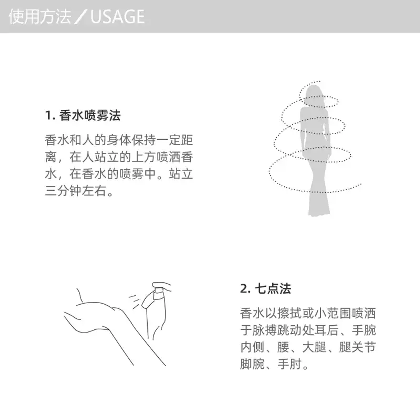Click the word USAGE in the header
118,16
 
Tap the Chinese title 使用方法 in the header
40,16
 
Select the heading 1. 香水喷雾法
83,115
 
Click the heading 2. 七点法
265,289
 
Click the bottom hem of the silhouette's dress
319,213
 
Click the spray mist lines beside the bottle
135,302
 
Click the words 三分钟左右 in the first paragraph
75,191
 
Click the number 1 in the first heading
48,116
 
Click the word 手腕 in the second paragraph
364,330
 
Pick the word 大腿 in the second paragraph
314,347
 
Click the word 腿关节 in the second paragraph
357,347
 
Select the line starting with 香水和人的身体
119,140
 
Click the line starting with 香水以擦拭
308,313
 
